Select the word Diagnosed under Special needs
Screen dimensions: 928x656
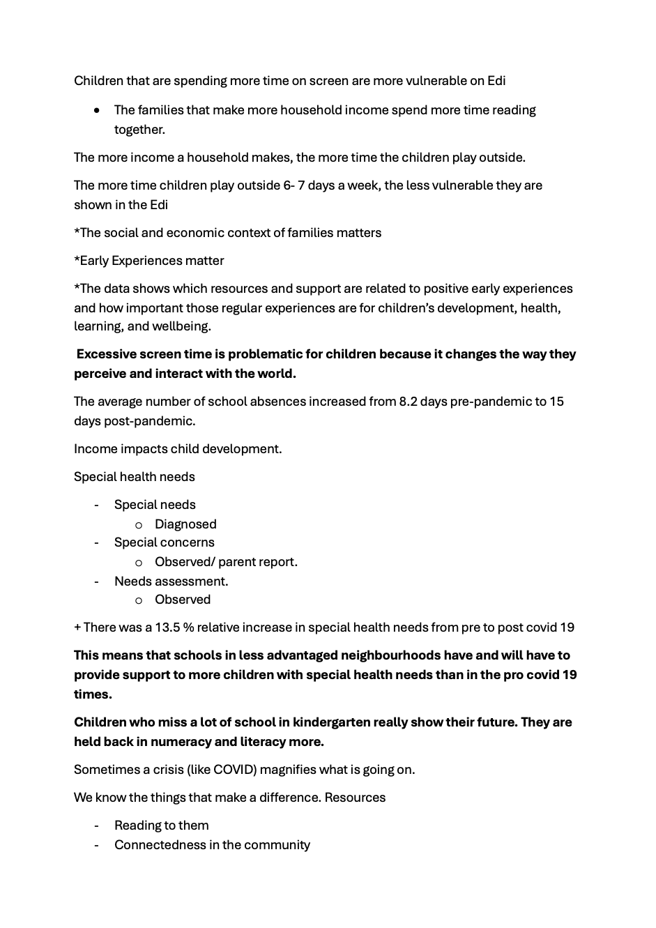185,524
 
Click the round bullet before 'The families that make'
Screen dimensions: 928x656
97,110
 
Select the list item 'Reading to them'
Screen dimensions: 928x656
161,826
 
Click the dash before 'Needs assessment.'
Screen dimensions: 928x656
97,581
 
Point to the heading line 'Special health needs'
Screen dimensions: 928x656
135,477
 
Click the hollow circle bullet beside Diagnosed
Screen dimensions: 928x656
139,524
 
